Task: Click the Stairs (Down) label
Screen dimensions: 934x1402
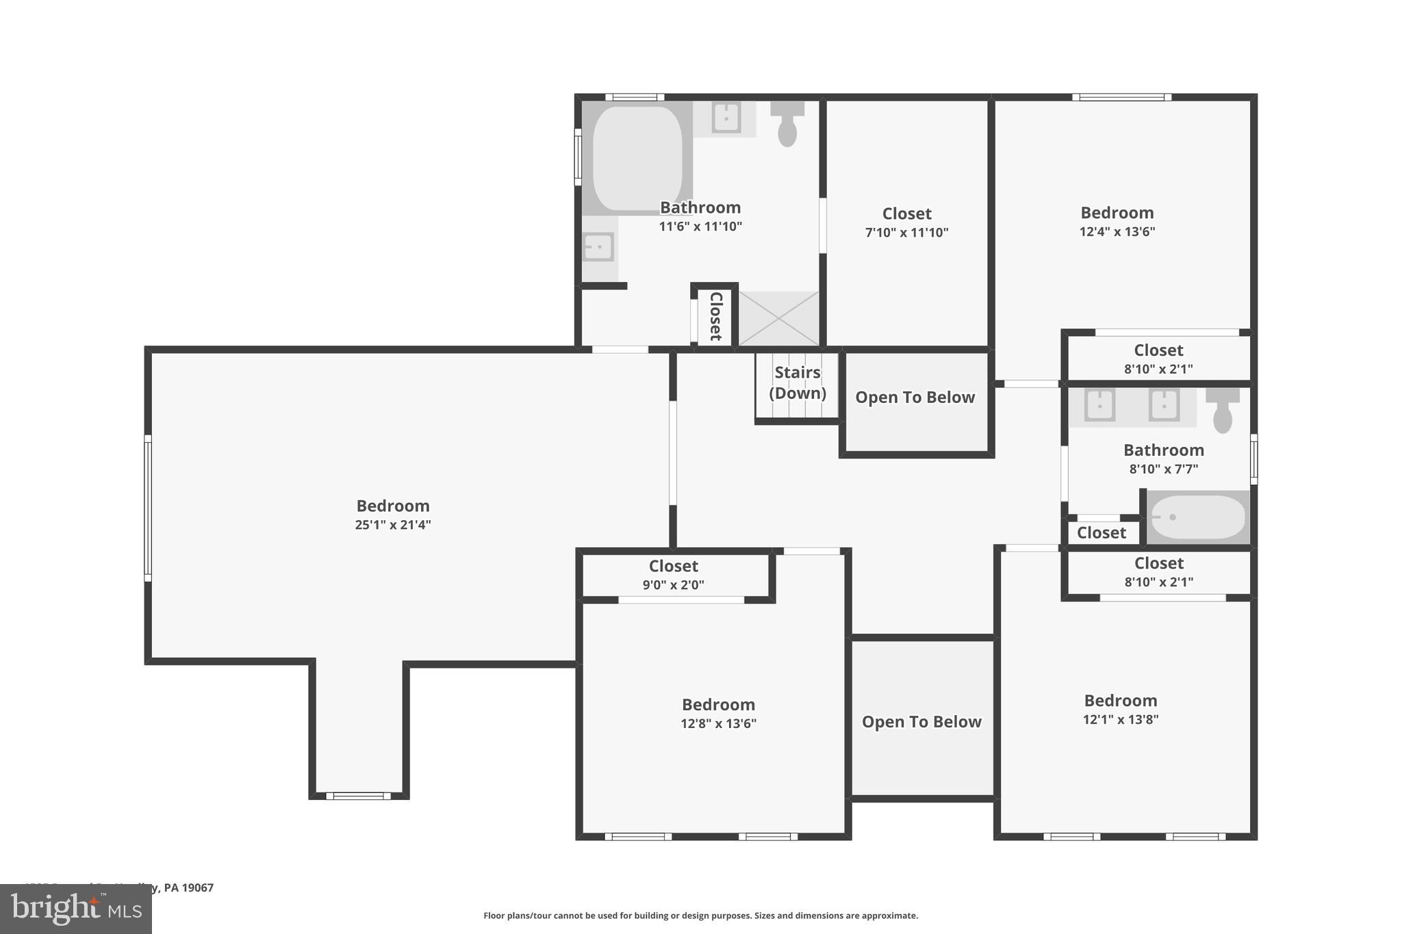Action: click(797, 382)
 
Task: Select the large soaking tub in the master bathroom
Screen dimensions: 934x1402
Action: click(637, 157)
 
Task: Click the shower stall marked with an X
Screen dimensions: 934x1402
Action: click(778, 318)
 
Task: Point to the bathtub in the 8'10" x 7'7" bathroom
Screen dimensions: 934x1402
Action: click(1198, 517)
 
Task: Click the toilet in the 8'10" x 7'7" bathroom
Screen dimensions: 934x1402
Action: click(1223, 411)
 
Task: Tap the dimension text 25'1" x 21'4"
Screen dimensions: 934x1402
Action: click(392, 525)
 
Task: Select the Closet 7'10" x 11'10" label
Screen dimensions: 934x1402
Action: click(906, 222)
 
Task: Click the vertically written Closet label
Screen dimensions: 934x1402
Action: click(715, 316)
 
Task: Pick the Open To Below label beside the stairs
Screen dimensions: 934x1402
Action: click(915, 398)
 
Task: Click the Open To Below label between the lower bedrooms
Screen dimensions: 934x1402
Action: click(921, 722)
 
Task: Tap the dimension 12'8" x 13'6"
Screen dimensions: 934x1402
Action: click(718, 723)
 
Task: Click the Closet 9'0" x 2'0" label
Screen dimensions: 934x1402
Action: click(673, 575)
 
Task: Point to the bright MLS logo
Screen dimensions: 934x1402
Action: click(75, 909)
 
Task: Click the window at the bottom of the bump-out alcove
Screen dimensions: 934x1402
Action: click(358, 796)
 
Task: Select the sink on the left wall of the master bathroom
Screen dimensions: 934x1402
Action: click(598, 247)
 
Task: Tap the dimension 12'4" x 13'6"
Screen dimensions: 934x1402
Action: click(1117, 231)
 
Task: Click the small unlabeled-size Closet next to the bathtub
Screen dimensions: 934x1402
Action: click(1101, 532)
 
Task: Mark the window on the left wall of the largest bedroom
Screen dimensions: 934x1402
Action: click(147, 508)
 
